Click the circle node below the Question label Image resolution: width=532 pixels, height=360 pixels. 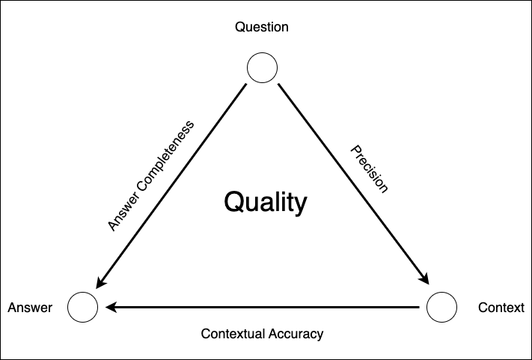pyautogui.click(x=262, y=53)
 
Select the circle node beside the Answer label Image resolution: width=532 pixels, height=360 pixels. pyautogui.click(x=83, y=292)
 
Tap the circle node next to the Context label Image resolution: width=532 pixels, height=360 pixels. pyautogui.click(x=441, y=292)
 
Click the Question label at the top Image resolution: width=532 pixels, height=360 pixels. pyautogui.click(x=262, y=27)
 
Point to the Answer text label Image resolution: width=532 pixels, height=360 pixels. pyautogui.click(x=30, y=308)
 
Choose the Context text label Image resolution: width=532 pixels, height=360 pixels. pyautogui.click(x=501, y=308)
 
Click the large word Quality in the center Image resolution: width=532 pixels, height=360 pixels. pyautogui.click(x=266, y=203)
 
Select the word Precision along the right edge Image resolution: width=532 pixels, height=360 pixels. pyautogui.click(x=369, y=169)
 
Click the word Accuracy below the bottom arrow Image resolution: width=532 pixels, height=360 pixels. pyautogui.click(x=296, y=335)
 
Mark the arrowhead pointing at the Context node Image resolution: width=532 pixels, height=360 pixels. pyautogui.click(x=424, y=278)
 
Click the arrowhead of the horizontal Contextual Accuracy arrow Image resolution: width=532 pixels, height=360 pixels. pyautogui.click(x=111, y=308)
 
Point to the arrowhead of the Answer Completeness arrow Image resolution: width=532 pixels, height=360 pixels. pyautogui.click(x=101, y=282)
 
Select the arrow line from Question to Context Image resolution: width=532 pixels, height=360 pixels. pyautogui.click(x=353, y=184)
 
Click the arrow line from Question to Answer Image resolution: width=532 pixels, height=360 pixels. pyautogui.click(x=171, y=186)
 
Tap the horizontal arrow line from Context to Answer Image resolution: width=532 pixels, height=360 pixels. pyautogui.click(x=263, y=308)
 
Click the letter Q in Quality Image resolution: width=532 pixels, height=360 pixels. pyautogui.click(x=235, y=202)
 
